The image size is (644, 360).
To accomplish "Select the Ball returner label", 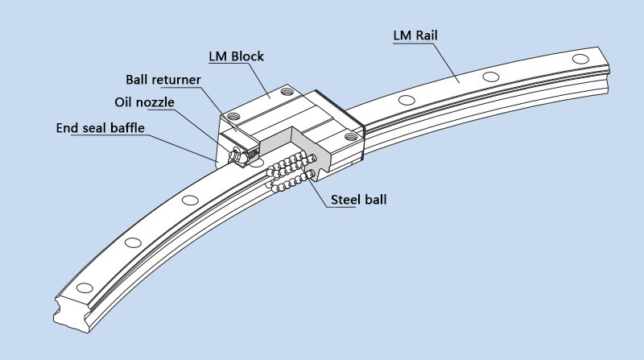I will tap(163, 80).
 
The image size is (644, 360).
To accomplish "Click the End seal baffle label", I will tap(101, 127).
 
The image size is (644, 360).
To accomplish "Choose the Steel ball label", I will tap(357, 198).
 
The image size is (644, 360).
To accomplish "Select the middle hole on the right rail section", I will tap(487, 77).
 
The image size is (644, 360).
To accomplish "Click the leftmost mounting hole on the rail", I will tap(83, 288).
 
